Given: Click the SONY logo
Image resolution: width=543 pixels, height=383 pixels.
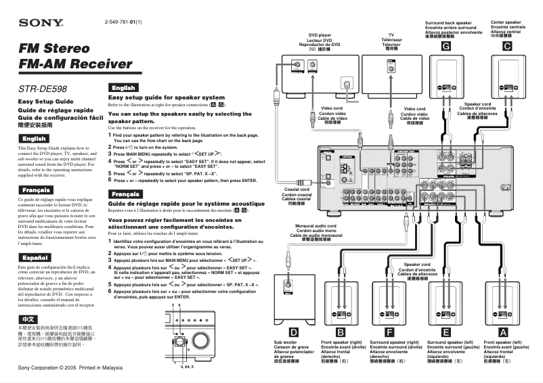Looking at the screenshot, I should [x=41, y=23].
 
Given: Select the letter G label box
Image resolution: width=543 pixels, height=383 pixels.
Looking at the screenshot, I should [x=446, y=47].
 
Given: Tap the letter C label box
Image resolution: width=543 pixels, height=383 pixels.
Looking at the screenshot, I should [x=506, y=47].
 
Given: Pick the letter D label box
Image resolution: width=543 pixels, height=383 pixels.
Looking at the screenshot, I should [x=292, y=332].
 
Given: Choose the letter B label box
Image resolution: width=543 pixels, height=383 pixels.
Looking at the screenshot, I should [x=341, y=332].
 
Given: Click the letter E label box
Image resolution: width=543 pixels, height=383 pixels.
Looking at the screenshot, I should [x=446, y=332].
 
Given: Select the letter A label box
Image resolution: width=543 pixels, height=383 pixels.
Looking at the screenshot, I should [x=502, y=332].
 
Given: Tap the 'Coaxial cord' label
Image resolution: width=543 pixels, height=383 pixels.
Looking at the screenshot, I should [x=296, y=189].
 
